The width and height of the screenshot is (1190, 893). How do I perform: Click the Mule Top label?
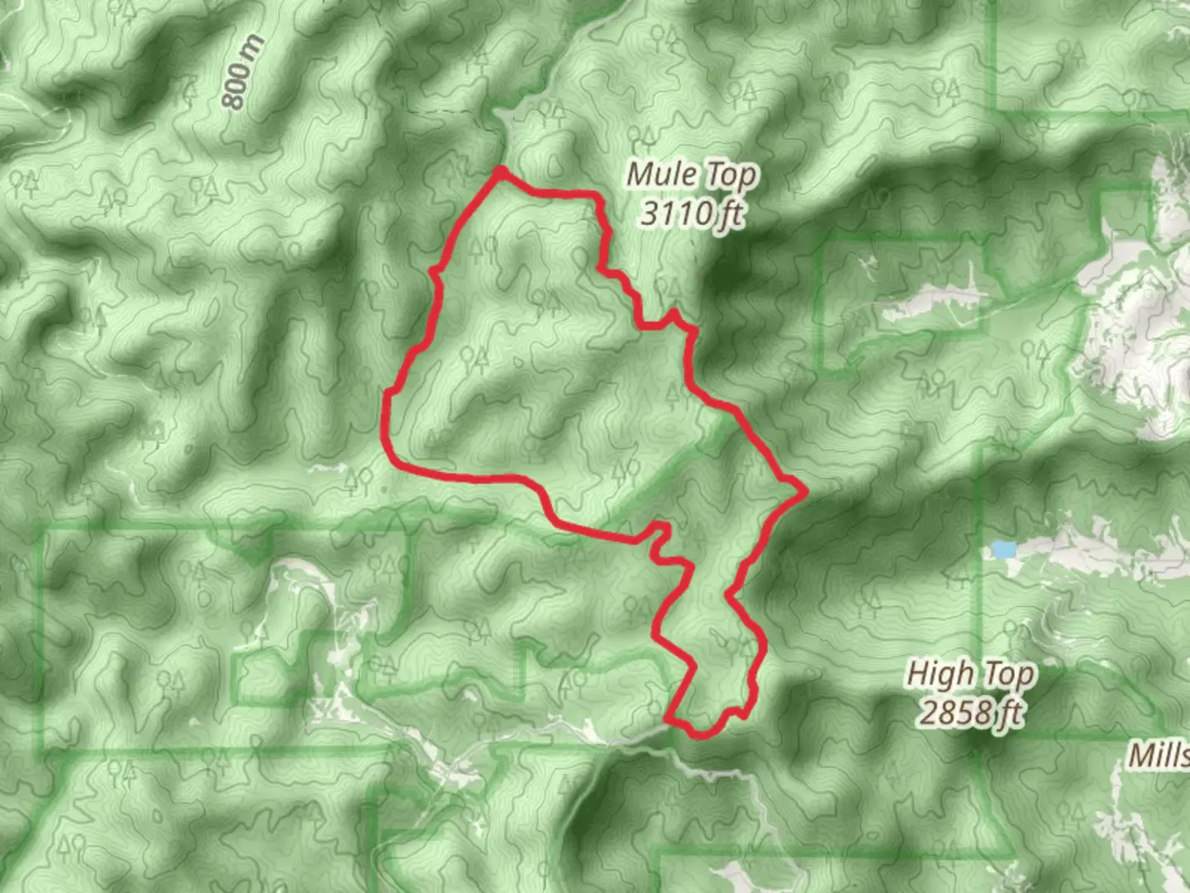691,174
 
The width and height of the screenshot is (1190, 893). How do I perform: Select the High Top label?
970,674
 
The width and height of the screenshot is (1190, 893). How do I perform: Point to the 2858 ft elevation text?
970,712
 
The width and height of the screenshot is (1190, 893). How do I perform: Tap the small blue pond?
1003,549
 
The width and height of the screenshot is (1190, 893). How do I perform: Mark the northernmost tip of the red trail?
500,171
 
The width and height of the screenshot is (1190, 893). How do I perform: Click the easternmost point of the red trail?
803,492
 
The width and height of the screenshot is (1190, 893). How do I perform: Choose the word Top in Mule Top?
730,174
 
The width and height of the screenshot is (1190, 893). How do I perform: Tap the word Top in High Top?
1007,674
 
